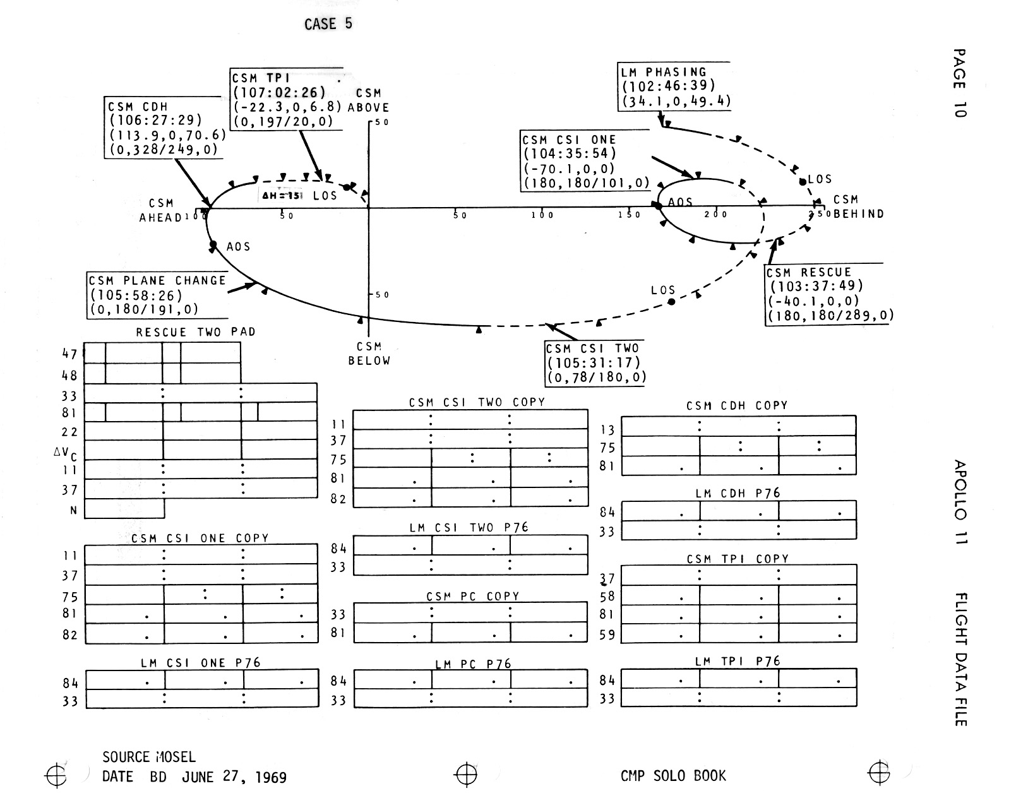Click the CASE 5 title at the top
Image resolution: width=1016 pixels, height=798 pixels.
coord(328,24)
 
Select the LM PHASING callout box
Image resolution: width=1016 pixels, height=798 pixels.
coord(674,86)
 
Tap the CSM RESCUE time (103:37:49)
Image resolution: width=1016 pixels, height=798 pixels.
coord(816,286)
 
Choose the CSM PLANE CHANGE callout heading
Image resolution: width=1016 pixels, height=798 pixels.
coord(157,281)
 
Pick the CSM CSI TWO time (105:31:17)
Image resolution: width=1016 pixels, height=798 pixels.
coord(594,363)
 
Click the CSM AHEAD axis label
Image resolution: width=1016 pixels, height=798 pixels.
coord(160,210)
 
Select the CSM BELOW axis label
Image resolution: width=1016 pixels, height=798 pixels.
coord(369,354)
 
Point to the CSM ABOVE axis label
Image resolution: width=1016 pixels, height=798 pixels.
coord(369,100)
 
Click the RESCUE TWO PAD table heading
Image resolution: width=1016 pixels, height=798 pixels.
coord(196,332)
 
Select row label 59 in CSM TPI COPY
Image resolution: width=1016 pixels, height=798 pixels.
coord(607,634)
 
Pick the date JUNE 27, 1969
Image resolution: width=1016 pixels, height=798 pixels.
coord(234,777)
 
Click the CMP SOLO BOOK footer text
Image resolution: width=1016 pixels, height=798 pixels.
coord(673,775)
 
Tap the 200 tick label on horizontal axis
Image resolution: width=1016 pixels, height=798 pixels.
coord(716,215)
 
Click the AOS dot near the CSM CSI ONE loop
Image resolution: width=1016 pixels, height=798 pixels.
coord(658,205)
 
